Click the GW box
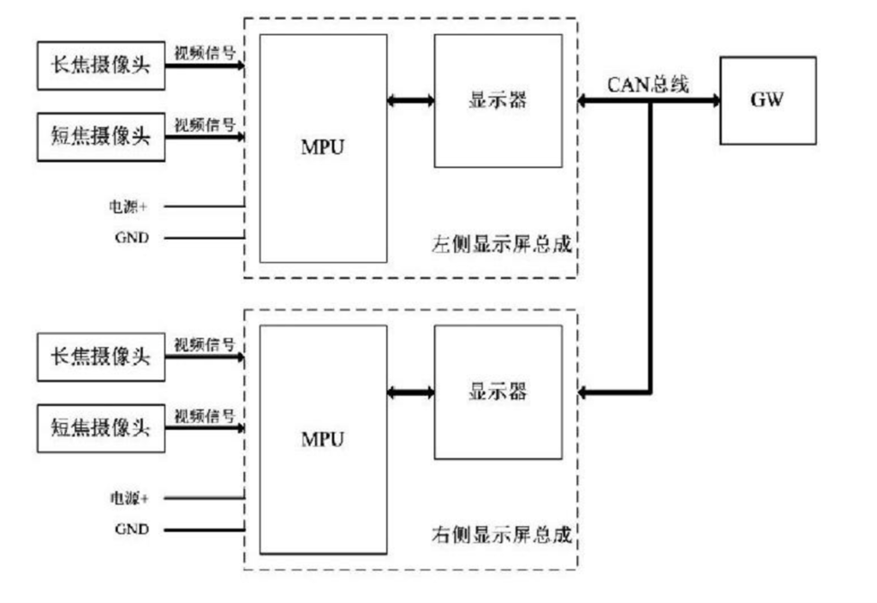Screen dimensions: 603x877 tap(767, 100)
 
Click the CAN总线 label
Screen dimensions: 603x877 tap(647, 83)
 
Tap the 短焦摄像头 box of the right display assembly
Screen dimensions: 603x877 tap(100, 427)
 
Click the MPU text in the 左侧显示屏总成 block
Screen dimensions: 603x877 tap(323, 147)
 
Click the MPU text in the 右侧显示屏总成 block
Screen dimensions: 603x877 tap(323, 439)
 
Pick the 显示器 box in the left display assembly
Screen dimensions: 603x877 tap(498, 100)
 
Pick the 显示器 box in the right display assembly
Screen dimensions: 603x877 tap(498, 392)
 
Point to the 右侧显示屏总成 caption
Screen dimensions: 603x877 tap(501, 537)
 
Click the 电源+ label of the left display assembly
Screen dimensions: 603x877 tap(128, 206)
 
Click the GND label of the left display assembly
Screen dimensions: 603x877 tap(131, 238)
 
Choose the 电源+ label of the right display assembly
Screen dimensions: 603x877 tap(128, 498)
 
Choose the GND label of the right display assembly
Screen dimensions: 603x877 tap(131, 529)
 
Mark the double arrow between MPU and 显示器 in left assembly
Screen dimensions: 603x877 tap(410, 101)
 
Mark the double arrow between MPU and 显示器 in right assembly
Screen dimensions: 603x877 tap(410, 393)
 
